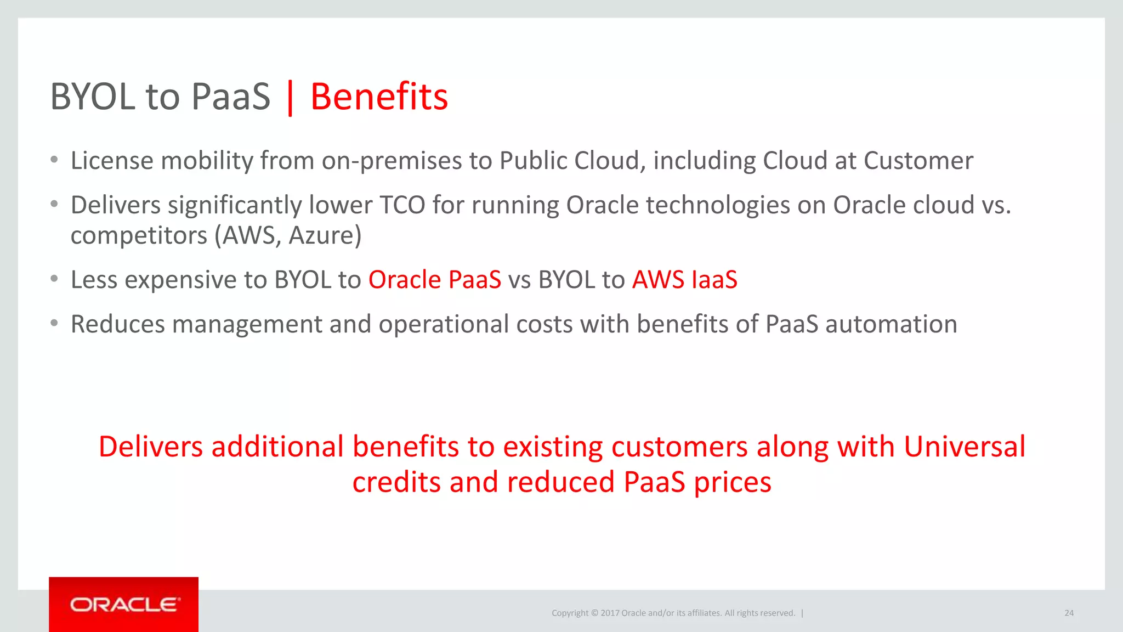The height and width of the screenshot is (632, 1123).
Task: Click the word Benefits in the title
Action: (x=379, y=97)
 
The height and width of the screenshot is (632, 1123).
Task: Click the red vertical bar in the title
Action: (x=290, y=98)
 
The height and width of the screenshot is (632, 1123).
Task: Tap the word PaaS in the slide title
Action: (x=231, y=97)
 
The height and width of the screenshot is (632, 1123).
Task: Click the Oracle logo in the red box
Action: (x=124, y=605)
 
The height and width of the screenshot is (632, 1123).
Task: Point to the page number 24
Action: (x=1069, y=613)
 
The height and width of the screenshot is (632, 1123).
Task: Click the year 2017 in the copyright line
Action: (x=610, y=613)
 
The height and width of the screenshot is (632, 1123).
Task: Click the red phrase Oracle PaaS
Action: (x=434, y=280)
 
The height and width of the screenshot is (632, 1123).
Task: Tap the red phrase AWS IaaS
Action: (x=684, y=280)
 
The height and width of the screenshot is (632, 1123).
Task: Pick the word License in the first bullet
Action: (x=112, y=161)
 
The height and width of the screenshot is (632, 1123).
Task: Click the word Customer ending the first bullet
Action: (x=918, y=161)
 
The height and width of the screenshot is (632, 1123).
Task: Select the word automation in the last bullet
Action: (x=891, y=324)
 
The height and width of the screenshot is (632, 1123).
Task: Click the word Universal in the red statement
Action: (x=964, y=447)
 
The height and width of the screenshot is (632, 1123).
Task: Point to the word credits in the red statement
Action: (x=396, y=482)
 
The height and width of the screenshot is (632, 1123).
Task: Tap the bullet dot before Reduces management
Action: (x=54, y=324)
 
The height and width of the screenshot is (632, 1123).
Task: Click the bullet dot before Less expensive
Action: (x=54, y=279)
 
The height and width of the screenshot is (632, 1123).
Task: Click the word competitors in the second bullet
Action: (x=139, y=236)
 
